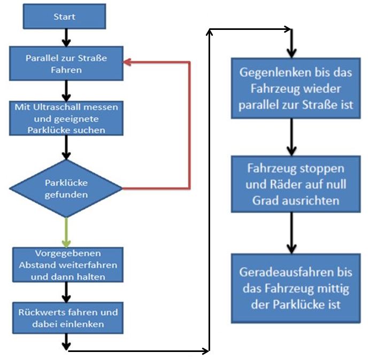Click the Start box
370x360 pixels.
click(64, 17)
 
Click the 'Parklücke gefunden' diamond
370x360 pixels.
click(66, 189)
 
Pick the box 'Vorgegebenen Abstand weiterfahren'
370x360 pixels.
click(66, 264)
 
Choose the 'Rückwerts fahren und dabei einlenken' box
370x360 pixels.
click(66, 318)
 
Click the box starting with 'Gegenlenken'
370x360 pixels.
click(292, 88)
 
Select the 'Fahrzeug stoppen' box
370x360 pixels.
click(291, 184)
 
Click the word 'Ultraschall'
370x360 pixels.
click(59, 107)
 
